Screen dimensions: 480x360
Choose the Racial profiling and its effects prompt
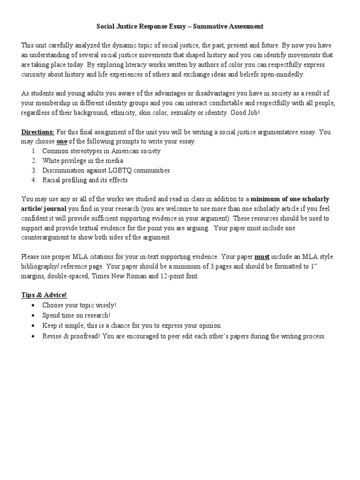click(x=84, y=180)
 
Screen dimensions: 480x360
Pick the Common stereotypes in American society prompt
click(x=101, y=151)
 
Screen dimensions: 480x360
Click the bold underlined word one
click(x=62, y=142)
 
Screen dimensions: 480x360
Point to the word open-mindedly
click(x=281, y=74)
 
